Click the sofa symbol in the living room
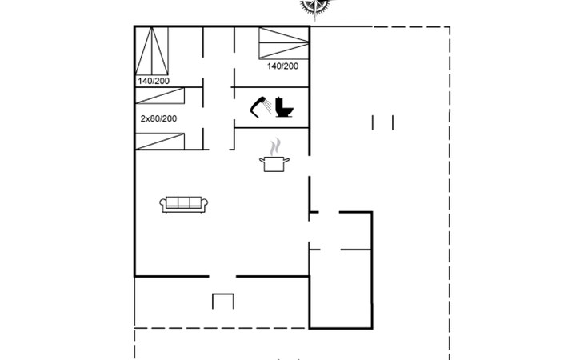coord(184,205)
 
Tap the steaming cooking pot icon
coord(274,155)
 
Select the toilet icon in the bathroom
coord(285,107)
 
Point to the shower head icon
coord(258,107)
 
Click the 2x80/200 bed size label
coord(158,118)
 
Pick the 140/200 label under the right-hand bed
coord(282,66)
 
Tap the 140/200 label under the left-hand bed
coord(154,81)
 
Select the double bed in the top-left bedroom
coord(151,51)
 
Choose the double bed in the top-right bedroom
coord(284,43)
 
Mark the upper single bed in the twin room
coord(160,96)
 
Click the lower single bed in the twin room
coord(160,141)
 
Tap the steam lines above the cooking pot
coord(275,147)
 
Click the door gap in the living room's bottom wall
coord(222,276)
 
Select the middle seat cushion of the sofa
coord(184,202)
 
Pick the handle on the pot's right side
coord(286,161)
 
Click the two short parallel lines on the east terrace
coord(382,122)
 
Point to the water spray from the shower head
coord(267,106)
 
